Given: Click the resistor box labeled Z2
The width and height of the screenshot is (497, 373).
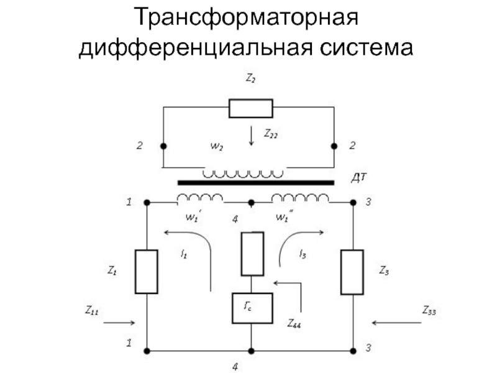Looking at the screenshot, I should [x=250, y=108].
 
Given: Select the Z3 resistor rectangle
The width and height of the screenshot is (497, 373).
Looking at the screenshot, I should [x=352, y=271].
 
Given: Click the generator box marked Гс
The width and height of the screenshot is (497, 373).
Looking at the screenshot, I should [x=252, y=308].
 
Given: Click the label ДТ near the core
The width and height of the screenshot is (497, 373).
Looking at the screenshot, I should [x=360, y=178].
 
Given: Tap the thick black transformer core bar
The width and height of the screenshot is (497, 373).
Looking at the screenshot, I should [x=256, y=183].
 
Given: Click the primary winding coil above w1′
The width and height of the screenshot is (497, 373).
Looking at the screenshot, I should [x=200, y=199].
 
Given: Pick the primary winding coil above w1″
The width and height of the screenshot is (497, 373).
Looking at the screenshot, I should [x=301, y=199].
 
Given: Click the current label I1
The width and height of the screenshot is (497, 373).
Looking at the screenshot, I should [x=184, y=254].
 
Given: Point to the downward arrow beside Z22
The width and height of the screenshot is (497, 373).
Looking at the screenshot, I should [x=251, y=135].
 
